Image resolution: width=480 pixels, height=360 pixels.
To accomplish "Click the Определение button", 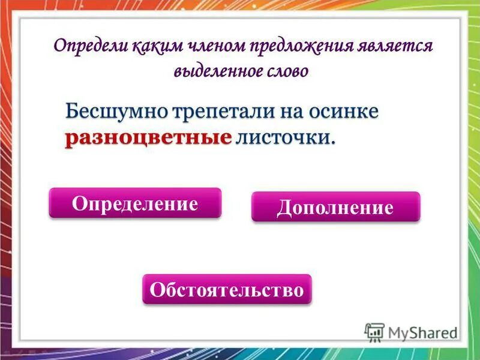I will [x=135, y=203].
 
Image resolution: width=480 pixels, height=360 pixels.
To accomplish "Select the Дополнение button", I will [x=335, y=208].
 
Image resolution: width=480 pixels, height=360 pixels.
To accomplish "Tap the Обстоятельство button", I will [x=227, y=290].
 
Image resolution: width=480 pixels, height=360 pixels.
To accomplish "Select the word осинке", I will [x=343, y=112].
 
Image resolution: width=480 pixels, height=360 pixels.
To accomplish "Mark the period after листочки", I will [x=332, y=142].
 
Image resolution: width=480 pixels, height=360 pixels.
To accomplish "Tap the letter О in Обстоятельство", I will [x=157, y=290].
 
